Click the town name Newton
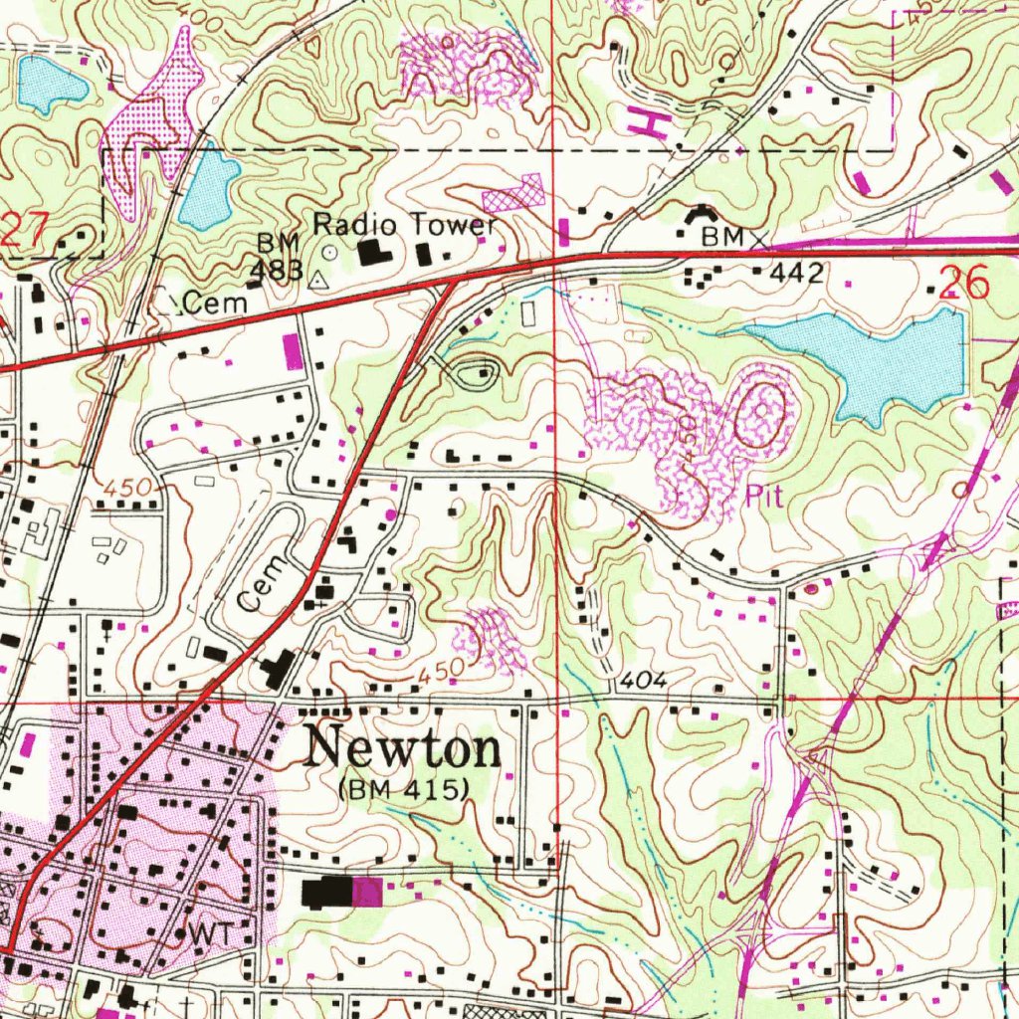pyautogui.click(x=403, y=748)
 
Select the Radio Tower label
pyautogui.click(x=404, y=225)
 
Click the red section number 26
pyautogui.click(x=964, y=284)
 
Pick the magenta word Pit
pyautogui.click(x=763, y=498)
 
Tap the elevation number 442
pyautogui.click(x=801, y=272)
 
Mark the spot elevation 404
pyautogui.click(x=641, y=681)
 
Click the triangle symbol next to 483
pyautogui.click(x=317, y=281)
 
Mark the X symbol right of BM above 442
pyautogui.click(x=761, y=240)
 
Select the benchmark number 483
pyautogui.click(x=270, y=271)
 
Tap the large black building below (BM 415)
pyautogui.click(x=327, y=892)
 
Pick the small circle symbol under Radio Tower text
pyautogui.click(x=329, y=253)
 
